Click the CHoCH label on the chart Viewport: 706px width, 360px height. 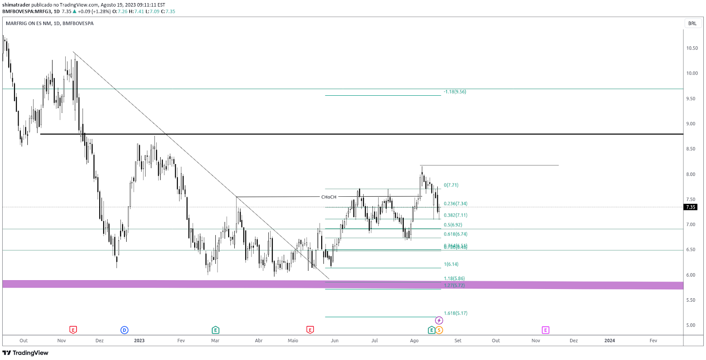(x=329, y=197)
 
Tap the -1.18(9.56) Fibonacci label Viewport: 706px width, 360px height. (x=455, y=92)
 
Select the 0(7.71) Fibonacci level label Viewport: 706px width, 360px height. (x=451, y=185)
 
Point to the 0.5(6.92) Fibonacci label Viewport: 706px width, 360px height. (x=453, y=225)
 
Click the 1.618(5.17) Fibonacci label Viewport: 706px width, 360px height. (x=455, y=313)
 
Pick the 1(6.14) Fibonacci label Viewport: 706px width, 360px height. (x=451, y=264)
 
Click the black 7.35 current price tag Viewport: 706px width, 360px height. (x=691, y=207)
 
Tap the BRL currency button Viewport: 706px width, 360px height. (x=692, y=23)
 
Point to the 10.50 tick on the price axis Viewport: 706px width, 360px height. (x=692, y=48)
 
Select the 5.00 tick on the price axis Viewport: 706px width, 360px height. (x=691, y=325)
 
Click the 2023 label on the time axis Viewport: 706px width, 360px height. (x=139, y=341)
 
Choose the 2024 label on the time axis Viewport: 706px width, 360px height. (x=609, y=341)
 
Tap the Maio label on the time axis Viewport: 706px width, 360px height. (x=293, y=341)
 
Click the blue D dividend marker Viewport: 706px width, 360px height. (x=124, y=330)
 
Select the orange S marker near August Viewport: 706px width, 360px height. (x=439, y=330)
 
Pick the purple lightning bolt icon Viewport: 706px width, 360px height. (x=439, y=320)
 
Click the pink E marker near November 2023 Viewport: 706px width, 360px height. (x=545, y=330)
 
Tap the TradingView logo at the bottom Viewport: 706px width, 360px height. (x=26, y=353)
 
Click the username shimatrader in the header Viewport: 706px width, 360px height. (x=16, y=5)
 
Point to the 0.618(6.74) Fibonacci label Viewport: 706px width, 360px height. (x=455, y=234)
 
